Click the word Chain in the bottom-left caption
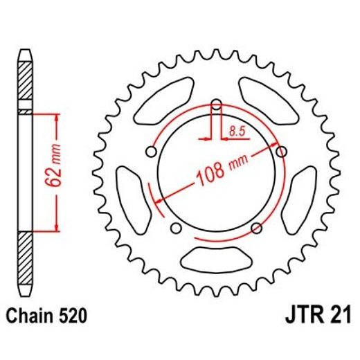click(29, 318)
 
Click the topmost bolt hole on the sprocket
click(217, 105)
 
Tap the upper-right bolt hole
click(280, 151)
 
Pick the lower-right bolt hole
click(257, 227)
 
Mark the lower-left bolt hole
click(176, 228)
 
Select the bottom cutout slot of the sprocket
click(216, 263)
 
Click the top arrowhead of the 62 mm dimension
click(56, 116)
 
